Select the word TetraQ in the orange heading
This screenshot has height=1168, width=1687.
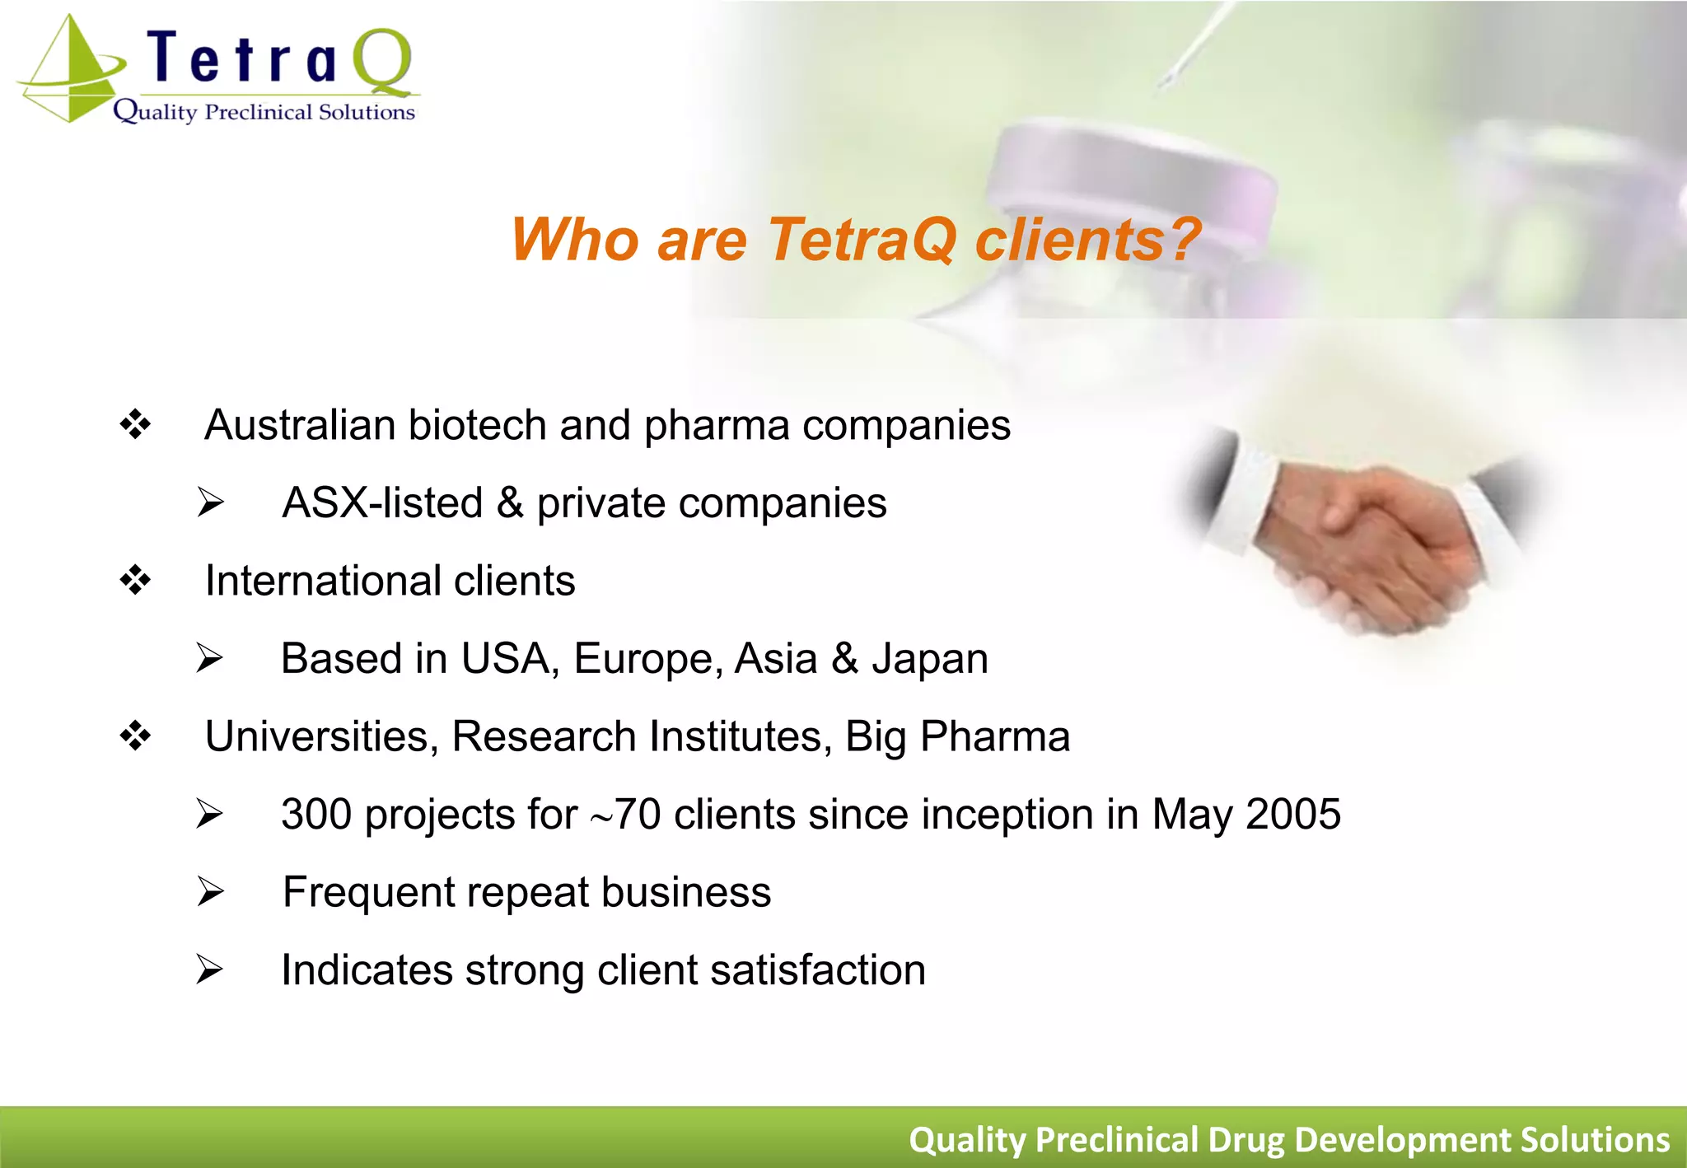(x=862, y=240)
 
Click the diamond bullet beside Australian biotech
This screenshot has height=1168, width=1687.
(x=135, y=425)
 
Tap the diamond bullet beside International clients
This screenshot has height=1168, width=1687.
(x=135, y=581)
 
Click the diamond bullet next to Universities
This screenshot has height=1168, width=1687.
(x=135, y=736)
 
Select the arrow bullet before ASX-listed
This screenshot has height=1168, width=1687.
(x=211, y=502)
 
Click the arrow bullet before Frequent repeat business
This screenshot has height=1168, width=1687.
(x=211, y=892)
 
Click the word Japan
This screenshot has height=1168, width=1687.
(x=930, y=659)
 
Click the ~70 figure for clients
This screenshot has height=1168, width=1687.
(x=626, y=815)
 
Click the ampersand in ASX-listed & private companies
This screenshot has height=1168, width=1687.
(x=510, y=502)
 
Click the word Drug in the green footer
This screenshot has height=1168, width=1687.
(x=1246, y=1140)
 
